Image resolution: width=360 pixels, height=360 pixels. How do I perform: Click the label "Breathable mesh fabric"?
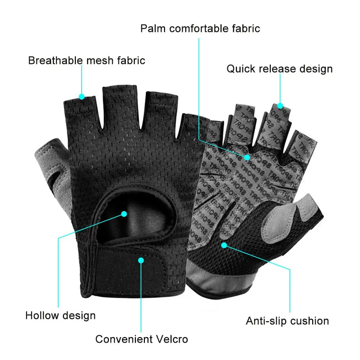[87, 60]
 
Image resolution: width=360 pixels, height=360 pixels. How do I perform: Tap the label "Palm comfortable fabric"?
[200, 28]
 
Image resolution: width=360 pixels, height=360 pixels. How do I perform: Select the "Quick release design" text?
[279, 69]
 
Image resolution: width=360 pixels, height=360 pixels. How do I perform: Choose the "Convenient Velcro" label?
[142, 338]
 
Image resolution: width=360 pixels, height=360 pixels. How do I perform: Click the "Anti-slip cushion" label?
[287, 320]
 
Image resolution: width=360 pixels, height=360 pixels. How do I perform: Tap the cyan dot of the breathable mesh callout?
[82, 96]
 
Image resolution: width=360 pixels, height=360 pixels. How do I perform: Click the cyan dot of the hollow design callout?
[124, 214]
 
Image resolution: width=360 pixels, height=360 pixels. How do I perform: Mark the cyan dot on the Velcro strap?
[141, 259]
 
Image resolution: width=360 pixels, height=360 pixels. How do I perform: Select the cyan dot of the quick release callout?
[280, 106]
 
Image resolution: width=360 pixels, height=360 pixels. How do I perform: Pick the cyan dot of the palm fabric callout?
[247, 157]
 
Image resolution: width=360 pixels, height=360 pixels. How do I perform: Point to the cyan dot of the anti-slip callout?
[224, 245]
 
